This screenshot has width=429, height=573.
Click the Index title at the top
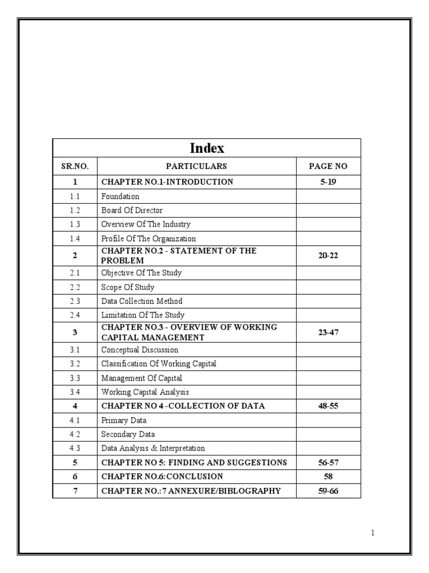click(207, 148)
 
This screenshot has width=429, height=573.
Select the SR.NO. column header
click(74, 166)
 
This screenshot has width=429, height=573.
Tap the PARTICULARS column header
click(196, 166)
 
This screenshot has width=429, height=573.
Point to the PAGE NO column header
click(328, 166)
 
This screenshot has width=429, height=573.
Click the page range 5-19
click(328, 182)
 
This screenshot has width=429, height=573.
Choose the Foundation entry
click(120, 196)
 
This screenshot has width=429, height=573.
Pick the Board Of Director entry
click(132, 210)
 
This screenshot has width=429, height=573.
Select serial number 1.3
click(75, 224)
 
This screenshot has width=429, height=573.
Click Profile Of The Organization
click(149, 238)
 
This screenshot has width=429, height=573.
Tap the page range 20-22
click(328, 255)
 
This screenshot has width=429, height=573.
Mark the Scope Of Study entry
click(127, 287)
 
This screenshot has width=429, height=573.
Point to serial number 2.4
click(75, 315)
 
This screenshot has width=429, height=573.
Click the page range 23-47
click(328, 332)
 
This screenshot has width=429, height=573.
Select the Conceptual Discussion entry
click(140, 350)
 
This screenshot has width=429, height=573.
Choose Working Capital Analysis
click(145, 392)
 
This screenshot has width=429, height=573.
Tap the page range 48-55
click(328, 406)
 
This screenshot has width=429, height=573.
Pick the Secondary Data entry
click(128, 434)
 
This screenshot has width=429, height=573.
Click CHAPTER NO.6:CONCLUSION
click(162, 477)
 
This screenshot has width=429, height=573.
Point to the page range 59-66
click(328, 491)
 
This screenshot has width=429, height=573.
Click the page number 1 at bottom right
click(373, 533)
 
